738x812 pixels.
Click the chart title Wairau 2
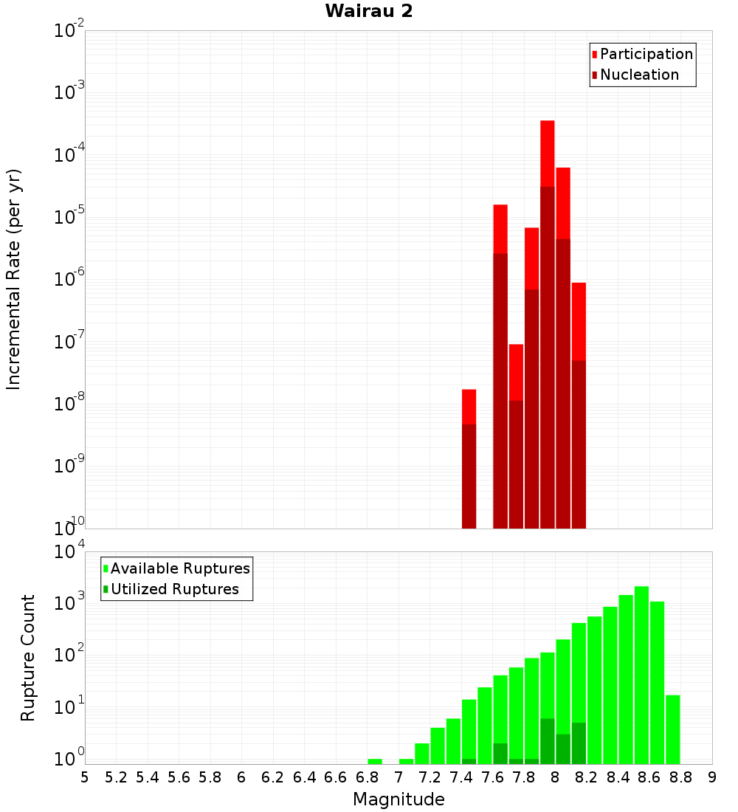(x=368, y=11)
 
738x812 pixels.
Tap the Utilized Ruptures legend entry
(x=174, y=589)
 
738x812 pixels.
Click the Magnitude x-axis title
(x=399, y=799)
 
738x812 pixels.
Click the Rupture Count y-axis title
(x=28, y=657)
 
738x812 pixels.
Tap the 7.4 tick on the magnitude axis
(x=461, y=777)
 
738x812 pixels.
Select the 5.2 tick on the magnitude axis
(x=116, y=777)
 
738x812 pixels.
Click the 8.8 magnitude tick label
(x=680, y=777)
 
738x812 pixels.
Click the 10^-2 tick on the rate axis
(x=69, y=31)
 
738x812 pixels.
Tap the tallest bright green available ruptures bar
(x=641, y=672)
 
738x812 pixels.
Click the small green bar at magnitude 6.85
(x=375, y=761)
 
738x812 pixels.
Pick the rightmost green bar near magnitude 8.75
(x=672, y=728)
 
